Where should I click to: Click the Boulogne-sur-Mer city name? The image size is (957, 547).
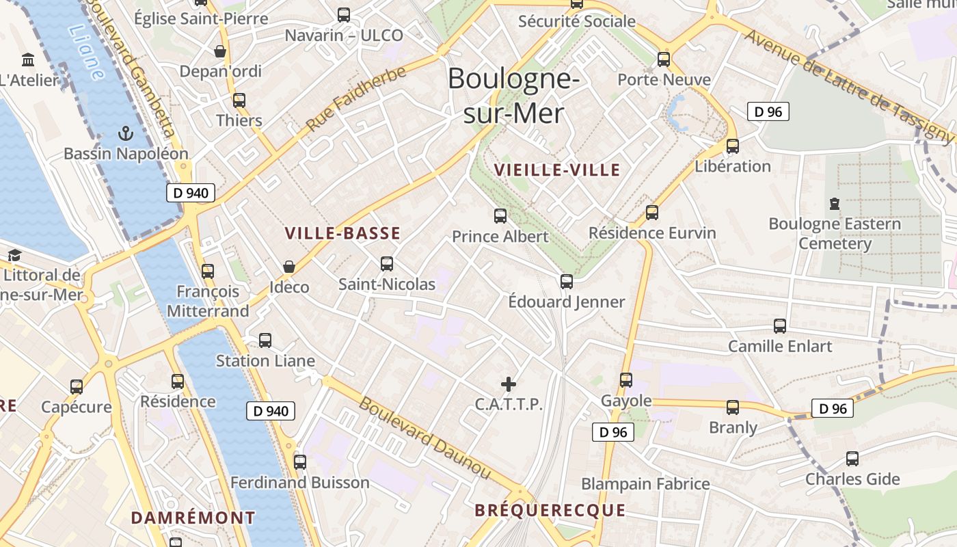coord(513,96)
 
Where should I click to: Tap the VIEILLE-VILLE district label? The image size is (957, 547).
coord(557,170)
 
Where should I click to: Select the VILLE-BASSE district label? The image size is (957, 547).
coord(342,233)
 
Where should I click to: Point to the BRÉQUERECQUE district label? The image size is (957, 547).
coord(550,510)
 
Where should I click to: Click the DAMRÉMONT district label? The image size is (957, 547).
coord(193,518)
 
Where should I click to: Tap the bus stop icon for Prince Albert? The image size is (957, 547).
coord(500,216)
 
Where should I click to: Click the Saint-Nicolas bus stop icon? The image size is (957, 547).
coord(387,263)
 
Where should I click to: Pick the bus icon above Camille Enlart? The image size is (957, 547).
coord(780,325)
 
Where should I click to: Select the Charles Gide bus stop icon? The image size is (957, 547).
coord(852,458)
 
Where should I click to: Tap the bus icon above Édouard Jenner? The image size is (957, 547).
coord(566,281)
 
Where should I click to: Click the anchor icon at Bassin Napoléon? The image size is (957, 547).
coord(125,133)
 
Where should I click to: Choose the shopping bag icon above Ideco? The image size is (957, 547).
coord(289,266)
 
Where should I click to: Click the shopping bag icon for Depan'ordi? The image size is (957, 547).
coord(220,51)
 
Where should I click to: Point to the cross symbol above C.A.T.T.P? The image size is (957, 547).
coord(509,384)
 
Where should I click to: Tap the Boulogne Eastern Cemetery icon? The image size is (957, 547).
coord(834,203)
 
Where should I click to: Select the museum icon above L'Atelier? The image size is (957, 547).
coord(28,59)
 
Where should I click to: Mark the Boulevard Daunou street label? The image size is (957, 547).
coord(424,438)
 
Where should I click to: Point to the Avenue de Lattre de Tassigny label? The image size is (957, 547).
coord(847,85)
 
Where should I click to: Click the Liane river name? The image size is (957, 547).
coord(87,52)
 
